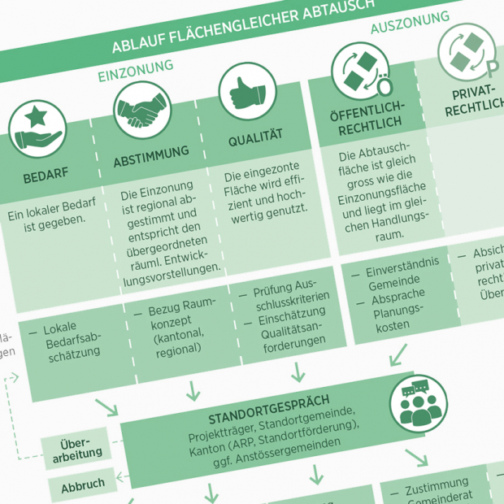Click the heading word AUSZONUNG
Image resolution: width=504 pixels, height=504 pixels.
click(x=410, y=24)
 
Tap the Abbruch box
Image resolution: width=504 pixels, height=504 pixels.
click(x=83, y=484)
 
